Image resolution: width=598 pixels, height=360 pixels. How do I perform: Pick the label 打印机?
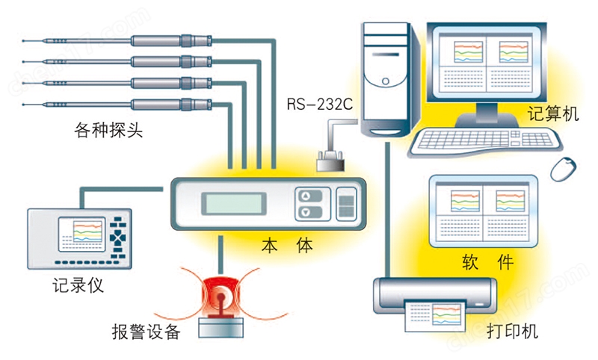pyautogui.click(x=512, y=331)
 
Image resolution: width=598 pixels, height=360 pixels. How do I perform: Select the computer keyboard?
pyautogui.click(x=485, y=141)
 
